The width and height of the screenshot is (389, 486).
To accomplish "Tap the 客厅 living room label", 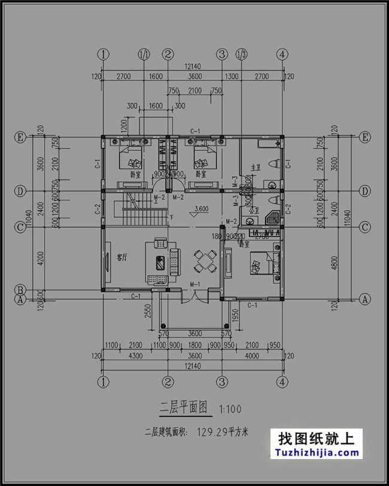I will point(123,258).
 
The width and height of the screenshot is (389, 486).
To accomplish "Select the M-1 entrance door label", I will point(194,284).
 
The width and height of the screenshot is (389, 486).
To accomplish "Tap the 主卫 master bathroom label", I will point(256,169).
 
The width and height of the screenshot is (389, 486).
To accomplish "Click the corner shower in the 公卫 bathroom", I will point(273,217).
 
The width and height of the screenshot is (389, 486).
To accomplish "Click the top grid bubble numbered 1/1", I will point(144,54).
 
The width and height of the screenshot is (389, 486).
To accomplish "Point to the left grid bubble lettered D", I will point(21,191).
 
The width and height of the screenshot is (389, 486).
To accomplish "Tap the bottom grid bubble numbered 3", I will point(223,381).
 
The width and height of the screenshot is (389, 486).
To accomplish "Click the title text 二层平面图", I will point(183,409).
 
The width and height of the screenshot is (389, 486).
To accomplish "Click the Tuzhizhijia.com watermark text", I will point(317,453).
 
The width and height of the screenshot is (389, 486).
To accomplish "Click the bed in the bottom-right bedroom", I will point(260,264).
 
